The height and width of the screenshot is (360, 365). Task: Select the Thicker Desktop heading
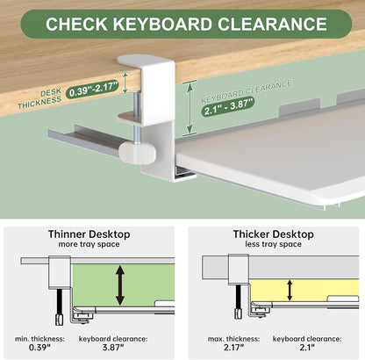tap(275, 234)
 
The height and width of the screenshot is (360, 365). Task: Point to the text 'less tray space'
tap(275, 246)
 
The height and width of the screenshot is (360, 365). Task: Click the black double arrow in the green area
tap(120, 285)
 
